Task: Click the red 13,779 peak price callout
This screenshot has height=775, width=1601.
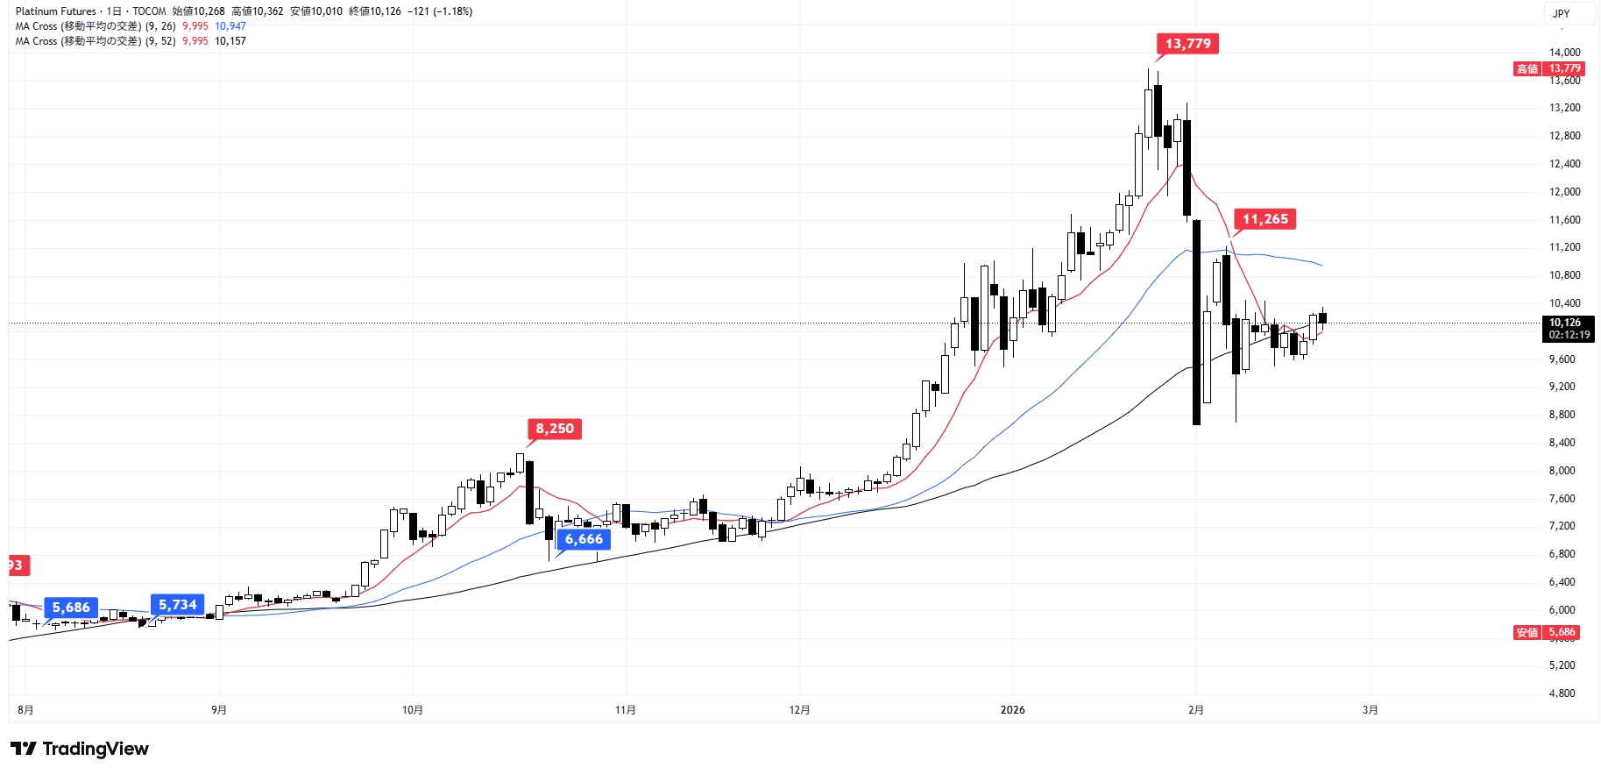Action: (x=1187, y=44)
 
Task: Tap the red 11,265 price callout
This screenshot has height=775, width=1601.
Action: (x=1265, y=219)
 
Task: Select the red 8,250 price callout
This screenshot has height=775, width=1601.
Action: (x=555, y=429)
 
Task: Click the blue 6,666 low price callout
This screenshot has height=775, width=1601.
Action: (x=584, y=539)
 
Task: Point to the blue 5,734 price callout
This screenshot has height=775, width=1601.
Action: (x=178, y=605)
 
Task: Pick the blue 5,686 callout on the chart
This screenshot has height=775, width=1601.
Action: (x=71, y=608)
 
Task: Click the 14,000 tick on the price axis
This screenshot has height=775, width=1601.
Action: (x=1564, y=53)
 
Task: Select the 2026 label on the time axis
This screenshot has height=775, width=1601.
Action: (x=1012, y=710)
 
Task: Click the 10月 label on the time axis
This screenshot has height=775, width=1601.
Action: (x=413, y=710)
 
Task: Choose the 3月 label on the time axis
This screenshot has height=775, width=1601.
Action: (x=1370, y=710)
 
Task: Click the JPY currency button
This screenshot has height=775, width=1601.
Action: (x=1562, y=13)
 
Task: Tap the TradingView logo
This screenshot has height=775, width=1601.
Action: (x=80, y=749)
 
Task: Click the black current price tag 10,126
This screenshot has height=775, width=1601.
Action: (x=1568, y=329)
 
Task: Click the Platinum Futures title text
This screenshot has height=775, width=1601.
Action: (x=55, y=11)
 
